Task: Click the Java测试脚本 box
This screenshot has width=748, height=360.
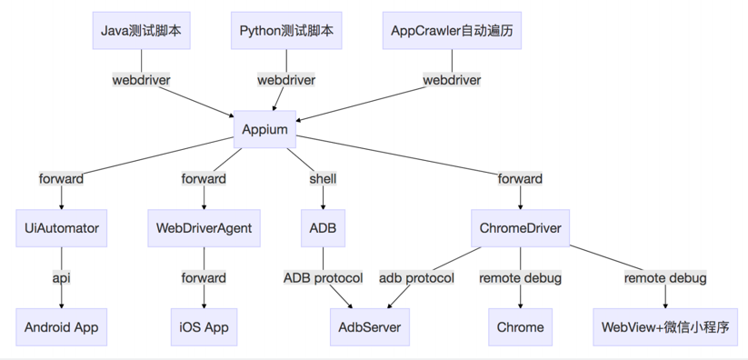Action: (x=141, y=31)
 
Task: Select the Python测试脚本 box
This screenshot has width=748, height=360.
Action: (x=286, y=31)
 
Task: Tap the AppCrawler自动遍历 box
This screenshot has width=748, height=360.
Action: (x=452, y=31)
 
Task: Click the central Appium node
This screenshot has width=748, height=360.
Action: (x=264, y=129)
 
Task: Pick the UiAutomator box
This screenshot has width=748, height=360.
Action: (x=62, y=228)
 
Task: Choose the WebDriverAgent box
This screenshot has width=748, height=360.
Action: (x=204, y=228)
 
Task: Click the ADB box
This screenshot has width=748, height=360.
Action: (x=323, y=228)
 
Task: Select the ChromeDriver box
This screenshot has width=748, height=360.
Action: (x=520, y=228)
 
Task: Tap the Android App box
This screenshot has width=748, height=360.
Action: (x=62, y=326)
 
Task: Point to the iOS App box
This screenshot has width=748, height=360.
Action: (x=204, y=326)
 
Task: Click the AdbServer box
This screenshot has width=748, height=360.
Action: (x=369, y=326)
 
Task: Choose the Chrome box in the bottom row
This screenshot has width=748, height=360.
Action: (x=520, y=326)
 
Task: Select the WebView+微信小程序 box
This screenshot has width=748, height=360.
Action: (x=664, y=326)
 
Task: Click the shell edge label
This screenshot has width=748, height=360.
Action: (x=323, y=179)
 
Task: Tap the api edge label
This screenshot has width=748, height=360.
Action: (x=62, y=277)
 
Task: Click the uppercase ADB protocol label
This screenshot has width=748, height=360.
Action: (x=323, y=277)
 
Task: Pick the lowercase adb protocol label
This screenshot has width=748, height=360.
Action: (x=416, y=277)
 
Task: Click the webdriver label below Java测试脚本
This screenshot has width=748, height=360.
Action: (x=141, y=80)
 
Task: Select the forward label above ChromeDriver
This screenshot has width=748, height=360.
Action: (x=520, y=179)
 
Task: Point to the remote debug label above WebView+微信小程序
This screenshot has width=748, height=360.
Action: (x=664, y=277)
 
